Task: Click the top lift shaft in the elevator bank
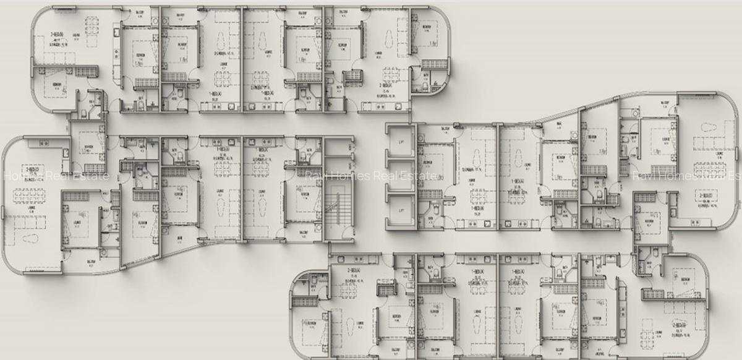(401, 142)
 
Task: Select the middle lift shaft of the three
(401, 176)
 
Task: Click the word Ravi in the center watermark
(317, 176)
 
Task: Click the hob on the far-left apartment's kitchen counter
(44, 144)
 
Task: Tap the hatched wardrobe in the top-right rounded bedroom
(431, 64)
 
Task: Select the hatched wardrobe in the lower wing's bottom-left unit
(302, 302)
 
